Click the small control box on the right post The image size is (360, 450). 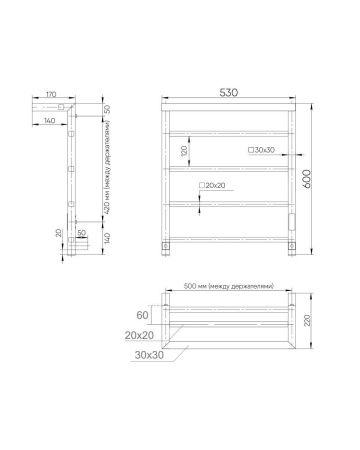point(294,217)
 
